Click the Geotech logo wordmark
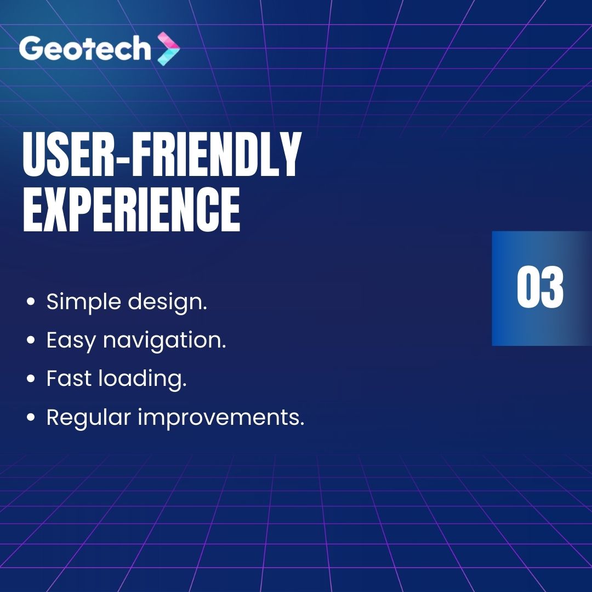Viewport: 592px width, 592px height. click(85, 49)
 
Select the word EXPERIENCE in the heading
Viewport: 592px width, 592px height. click(132, 210)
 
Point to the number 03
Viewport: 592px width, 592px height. click(540, 288)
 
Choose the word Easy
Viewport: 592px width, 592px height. click(70, 341)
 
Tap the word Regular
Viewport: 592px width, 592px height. click(88, 418)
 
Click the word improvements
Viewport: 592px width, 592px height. click(221, 418)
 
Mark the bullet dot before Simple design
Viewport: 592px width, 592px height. click(32, 303)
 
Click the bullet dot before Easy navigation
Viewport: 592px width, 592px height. click(32, 341)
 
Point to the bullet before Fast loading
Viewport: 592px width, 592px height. click(32, 379)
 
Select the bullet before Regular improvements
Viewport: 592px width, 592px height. click(32, 418)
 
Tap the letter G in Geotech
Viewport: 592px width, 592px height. click(31, 49)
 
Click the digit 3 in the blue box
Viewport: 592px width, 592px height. click(552, 288)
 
